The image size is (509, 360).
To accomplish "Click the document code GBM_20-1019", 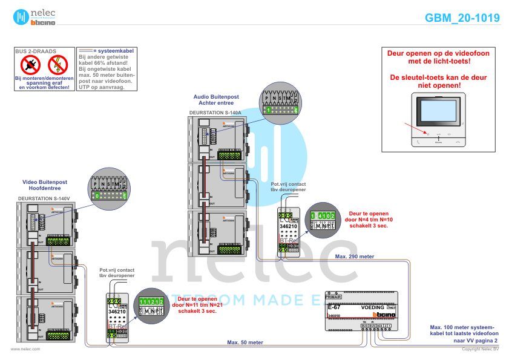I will pos(462,18).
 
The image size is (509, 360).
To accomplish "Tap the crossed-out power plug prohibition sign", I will pos(29,65).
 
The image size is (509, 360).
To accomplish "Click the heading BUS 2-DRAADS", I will pos(34,52).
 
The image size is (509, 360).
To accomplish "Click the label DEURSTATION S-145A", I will pos(215,113).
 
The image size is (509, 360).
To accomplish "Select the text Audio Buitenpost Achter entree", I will pos(216,99).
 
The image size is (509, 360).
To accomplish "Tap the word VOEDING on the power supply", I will pos(373,307).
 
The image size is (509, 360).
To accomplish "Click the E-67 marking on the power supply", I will pos(333,307).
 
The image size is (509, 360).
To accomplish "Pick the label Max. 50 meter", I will pos(245,342).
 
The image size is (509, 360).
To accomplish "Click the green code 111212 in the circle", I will pos(149,301).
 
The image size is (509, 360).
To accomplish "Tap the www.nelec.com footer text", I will pos(26,349).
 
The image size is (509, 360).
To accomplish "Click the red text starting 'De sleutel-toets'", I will pos(438,82).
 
